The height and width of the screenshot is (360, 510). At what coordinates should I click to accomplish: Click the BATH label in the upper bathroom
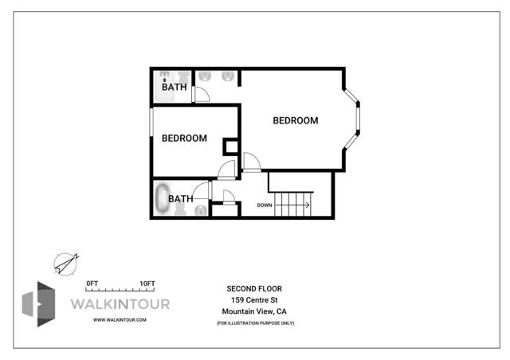point(175,87)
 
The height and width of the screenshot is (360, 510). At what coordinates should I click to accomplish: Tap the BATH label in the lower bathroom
point(179,199)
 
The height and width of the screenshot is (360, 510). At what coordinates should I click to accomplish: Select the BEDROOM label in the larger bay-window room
point(295,121)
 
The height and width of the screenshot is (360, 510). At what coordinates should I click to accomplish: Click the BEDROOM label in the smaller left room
point(184,138)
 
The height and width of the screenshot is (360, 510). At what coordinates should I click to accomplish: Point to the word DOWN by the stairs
point(265,205)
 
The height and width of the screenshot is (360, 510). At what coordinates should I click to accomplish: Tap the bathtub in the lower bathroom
point(163,199)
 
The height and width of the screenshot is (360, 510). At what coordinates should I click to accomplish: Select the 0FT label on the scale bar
point(92,284)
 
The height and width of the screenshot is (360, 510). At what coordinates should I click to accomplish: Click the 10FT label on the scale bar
point(147,284)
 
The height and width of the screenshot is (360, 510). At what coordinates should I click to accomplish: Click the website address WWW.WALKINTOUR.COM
point(120,319)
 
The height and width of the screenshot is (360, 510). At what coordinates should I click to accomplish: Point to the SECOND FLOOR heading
point(254,288)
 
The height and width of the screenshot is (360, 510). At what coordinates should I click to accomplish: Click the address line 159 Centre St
point(254,299)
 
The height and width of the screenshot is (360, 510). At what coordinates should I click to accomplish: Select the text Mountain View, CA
point(254,311)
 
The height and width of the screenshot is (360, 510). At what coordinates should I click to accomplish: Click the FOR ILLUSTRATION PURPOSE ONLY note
point(254,323)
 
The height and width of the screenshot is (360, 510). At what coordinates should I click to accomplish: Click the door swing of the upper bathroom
point(202,94)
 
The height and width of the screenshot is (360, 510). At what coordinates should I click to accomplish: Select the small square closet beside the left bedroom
point(231,147)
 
